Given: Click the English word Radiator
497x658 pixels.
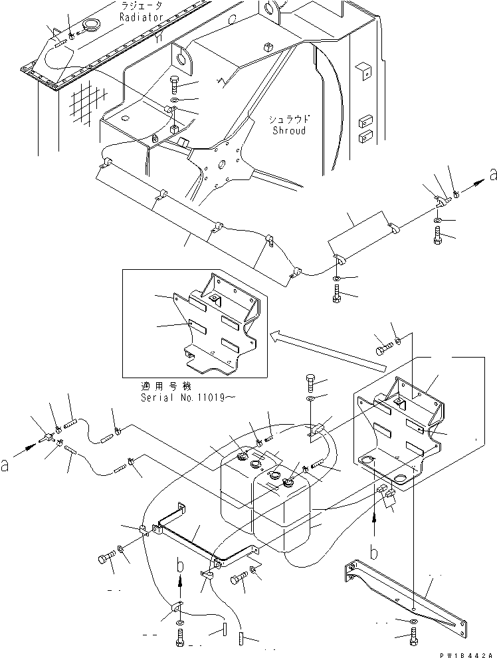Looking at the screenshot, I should (141, 17).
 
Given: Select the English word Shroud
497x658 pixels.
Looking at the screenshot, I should (289, 131).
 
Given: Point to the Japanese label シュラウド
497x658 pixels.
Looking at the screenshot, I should (289, 120).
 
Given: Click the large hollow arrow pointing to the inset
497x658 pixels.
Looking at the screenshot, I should (326, 351).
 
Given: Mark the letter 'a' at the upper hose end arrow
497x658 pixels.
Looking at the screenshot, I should (492, 175).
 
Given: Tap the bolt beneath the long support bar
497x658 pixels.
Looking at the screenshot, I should (413, 637).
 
